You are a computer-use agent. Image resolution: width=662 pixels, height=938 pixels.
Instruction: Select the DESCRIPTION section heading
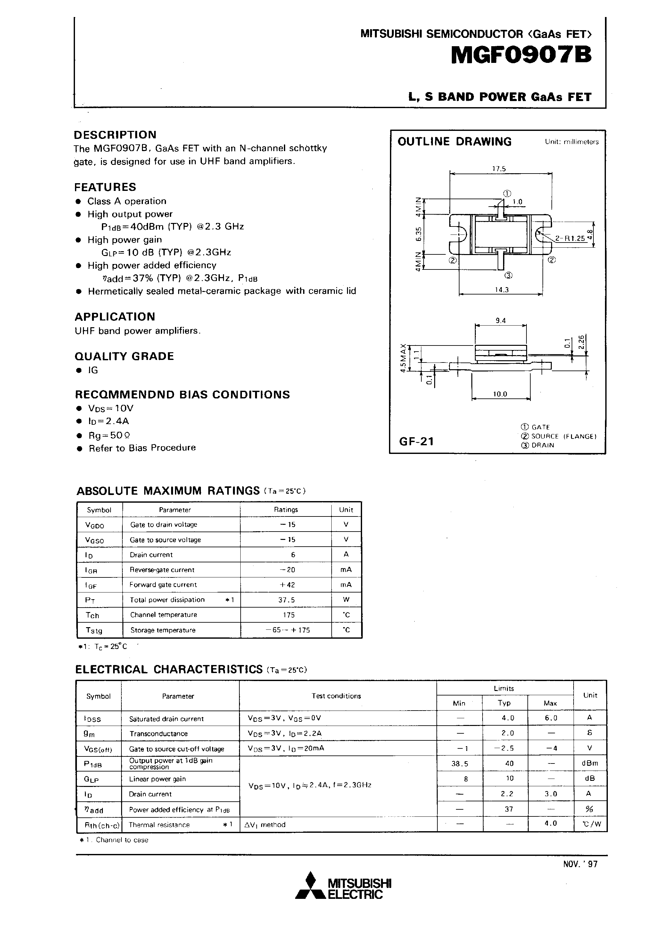point(115,135)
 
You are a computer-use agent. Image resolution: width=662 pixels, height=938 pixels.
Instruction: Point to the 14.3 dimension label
point(501,290)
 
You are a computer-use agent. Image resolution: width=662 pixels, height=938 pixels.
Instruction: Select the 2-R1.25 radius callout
point(570,238)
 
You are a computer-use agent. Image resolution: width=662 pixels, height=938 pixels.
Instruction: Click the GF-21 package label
point(416,441)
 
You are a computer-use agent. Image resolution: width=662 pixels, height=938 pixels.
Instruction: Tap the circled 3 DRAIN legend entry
point(538,445)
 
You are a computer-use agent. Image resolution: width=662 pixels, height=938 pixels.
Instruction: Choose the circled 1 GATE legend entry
point(535,427)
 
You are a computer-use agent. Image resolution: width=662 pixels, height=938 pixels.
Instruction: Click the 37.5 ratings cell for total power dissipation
point(286,600)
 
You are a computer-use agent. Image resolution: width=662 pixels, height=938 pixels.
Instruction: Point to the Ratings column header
point(286,509)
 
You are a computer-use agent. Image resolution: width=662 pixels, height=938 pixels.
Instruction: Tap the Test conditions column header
point(336,696)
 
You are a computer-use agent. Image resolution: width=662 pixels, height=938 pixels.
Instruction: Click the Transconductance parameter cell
point(158,734)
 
